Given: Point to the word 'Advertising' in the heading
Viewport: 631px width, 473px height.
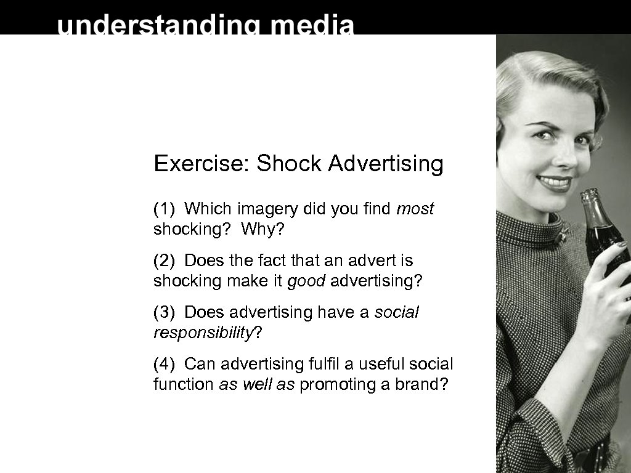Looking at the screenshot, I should pyautogui.click(x=386, y=164).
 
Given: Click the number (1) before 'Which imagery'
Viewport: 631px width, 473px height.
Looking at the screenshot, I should pyautogui.click(x=165, y=209).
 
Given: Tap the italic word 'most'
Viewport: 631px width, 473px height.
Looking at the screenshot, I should pyautogui.click(x=415, y=209).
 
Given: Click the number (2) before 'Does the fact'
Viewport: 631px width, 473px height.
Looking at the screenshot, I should pyautogui.click(x=165, y=261).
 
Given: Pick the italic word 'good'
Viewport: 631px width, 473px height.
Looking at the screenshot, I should pyautogui.click(x=306, y=281).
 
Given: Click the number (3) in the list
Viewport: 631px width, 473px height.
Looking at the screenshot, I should pyautogui.click(x=165, y=313).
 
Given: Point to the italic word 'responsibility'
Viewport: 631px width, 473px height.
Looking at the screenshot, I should pyautogui.click(x=204, y=333).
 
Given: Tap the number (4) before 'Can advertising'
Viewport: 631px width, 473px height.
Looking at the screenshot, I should pyautogui.click(x=165, y=364).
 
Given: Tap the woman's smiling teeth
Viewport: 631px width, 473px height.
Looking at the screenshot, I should pyautogui.click(x=555, y=182).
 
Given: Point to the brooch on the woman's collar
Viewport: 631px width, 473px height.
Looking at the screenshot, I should pyautogui.click(x=563, y=234).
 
